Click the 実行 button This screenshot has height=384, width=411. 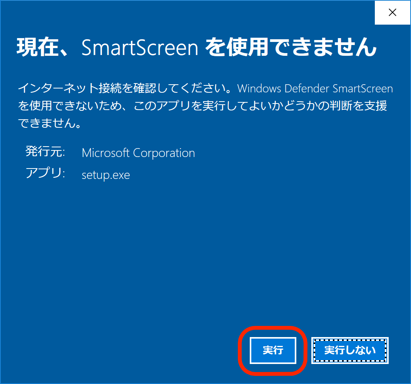click(x=273, y=351)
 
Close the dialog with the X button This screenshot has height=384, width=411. click(x=392, y=13)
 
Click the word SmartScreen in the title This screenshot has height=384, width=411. click(x=140, y=48)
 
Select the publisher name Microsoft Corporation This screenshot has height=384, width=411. click(x=138, y=153)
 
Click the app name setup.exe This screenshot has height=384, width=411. click(x=106, y=175)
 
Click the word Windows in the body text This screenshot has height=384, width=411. click(x=260, y=88)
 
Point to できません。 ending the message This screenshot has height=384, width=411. click(x=49, y=124)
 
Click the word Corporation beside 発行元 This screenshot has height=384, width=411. click(x=164, y=153)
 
